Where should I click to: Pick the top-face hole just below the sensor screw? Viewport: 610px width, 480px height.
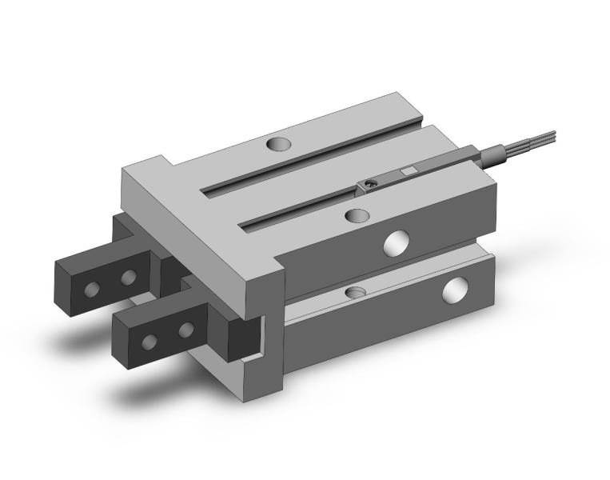pyautogui.click(x=357, y=214)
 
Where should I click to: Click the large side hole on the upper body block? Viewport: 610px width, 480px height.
pyautogui.click(x=395, y=242)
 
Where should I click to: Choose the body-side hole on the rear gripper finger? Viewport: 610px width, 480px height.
pyautogui.click(x=127, y=278)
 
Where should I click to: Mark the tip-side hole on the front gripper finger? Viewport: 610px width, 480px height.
pyautogui.click(x=150, y=342)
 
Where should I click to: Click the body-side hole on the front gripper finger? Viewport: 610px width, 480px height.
pyautogui.click(x=185, y=329)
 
